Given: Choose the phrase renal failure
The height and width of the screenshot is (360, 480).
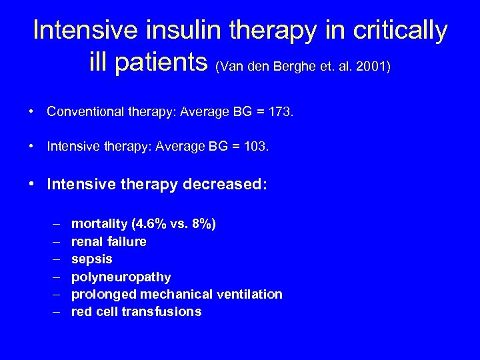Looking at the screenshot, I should tap(109, 241).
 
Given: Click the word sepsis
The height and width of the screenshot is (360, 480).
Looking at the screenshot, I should tap(92, 259).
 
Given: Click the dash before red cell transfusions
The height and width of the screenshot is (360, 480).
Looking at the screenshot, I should tap(53, 311).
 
